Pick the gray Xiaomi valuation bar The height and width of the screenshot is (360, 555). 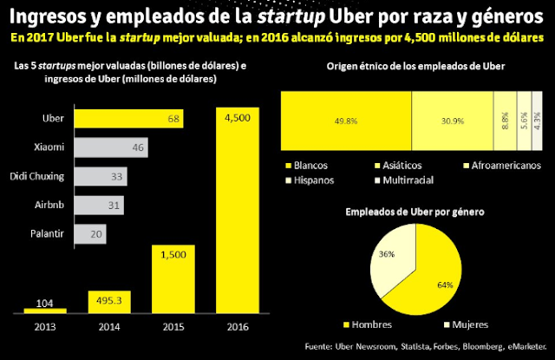click(x=109, y=147)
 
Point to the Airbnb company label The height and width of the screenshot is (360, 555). click(x=51, y=205)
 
